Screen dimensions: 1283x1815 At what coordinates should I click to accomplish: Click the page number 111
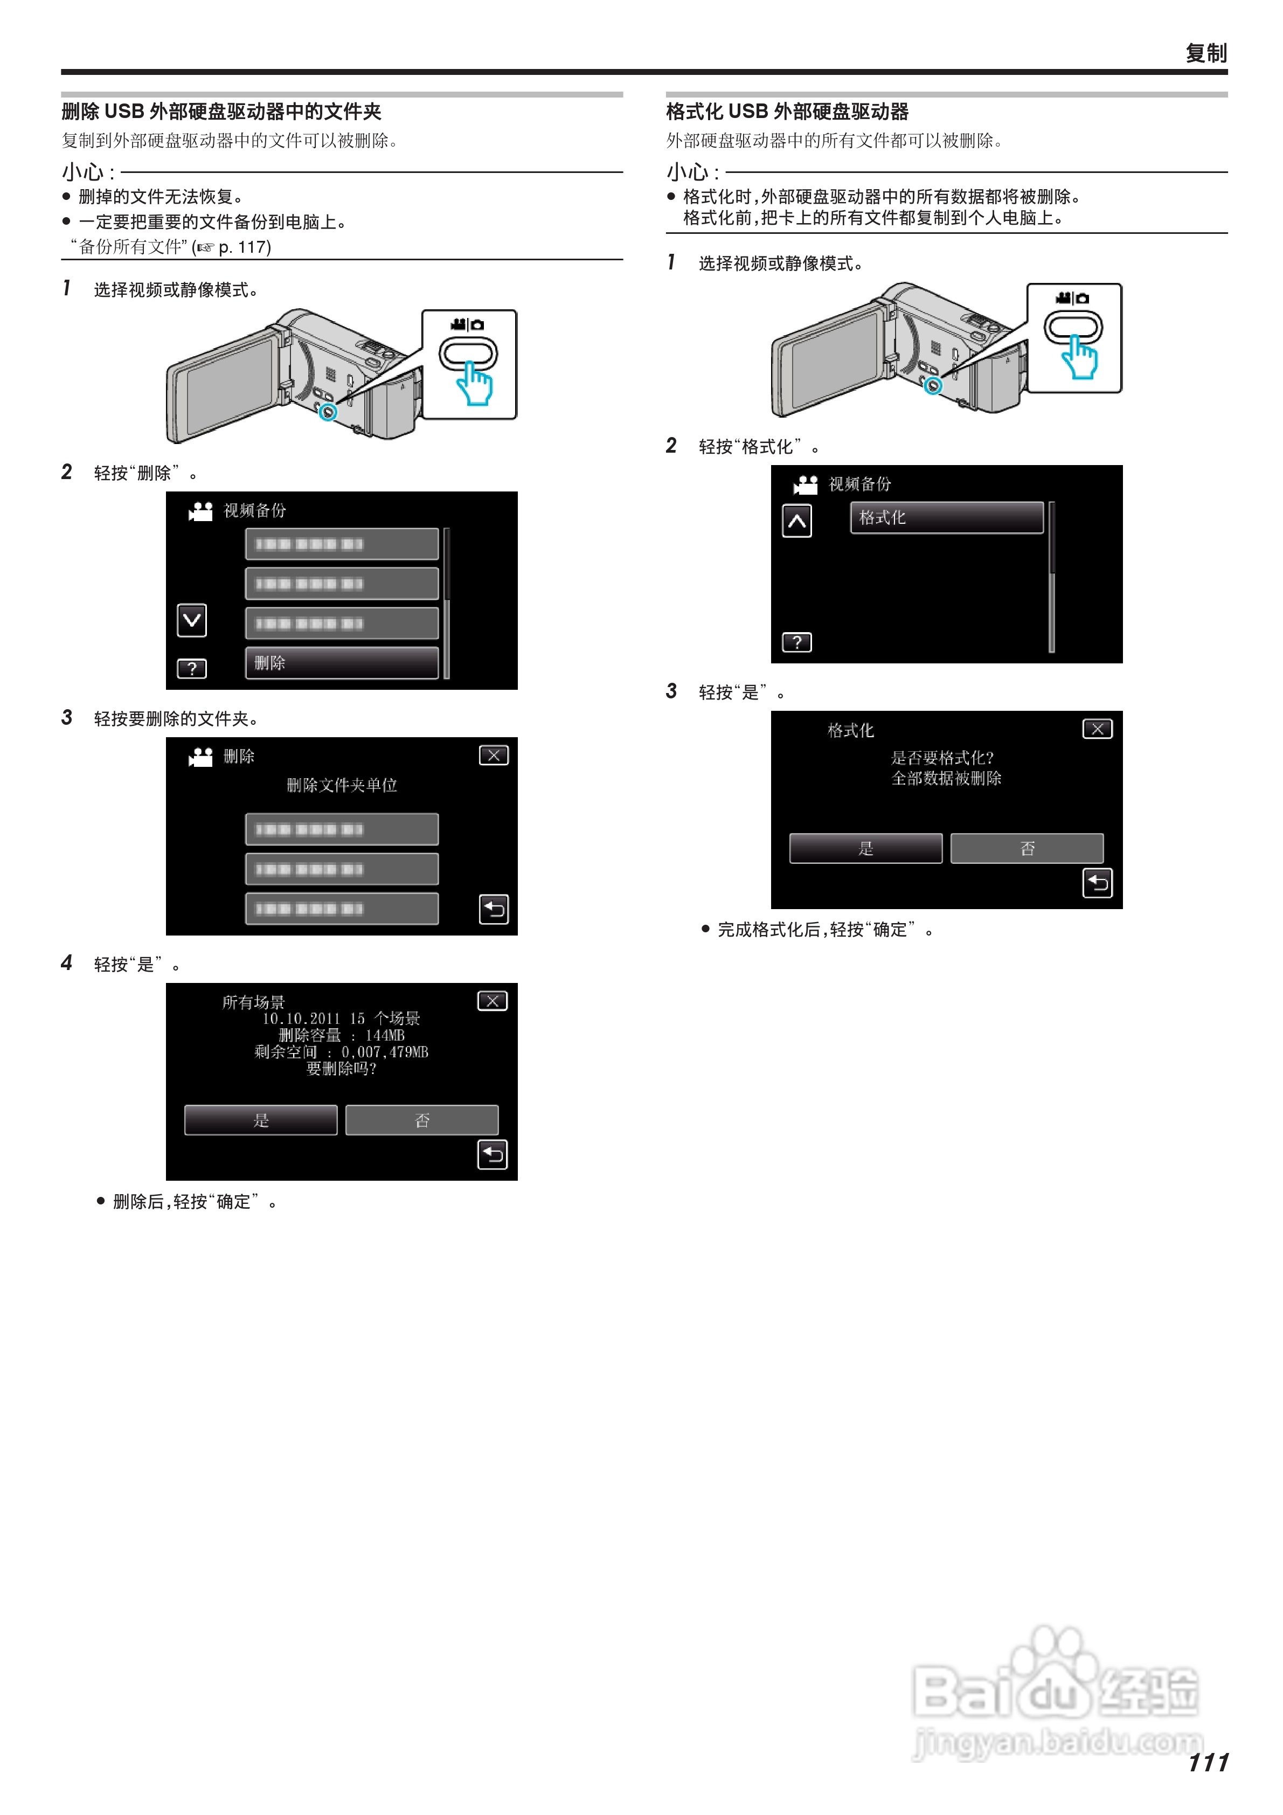click(1208, 1762)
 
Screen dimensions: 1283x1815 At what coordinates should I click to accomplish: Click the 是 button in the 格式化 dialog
click(865, 848)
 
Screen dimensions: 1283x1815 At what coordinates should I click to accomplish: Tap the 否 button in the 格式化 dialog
click(1027, 848)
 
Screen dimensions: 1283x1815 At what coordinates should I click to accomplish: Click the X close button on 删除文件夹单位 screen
click(493, 756)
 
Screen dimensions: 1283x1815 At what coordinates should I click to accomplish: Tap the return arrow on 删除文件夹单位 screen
click(493, 909)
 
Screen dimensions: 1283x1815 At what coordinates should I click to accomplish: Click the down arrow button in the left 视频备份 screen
click(192, 621)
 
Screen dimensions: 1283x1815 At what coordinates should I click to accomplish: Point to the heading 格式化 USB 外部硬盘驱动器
click(787, 112)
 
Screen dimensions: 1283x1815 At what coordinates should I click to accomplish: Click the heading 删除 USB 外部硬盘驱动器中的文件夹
click(221, 112)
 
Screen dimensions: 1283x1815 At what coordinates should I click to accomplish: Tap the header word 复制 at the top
click(1205, 53)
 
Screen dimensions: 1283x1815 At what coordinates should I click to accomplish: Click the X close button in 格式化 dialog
click(1097, 729)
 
